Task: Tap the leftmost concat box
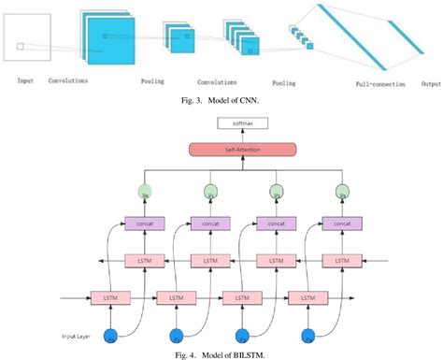click(143, 224)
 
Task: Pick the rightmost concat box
click(341, 224)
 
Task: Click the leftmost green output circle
click(144, 193)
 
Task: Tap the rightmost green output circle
click(341, 193)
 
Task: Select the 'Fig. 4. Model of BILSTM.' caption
click(221, 353)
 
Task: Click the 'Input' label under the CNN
click(25, 81)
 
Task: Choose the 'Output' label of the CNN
click(430, 83)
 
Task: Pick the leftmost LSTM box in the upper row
click(143, 260)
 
